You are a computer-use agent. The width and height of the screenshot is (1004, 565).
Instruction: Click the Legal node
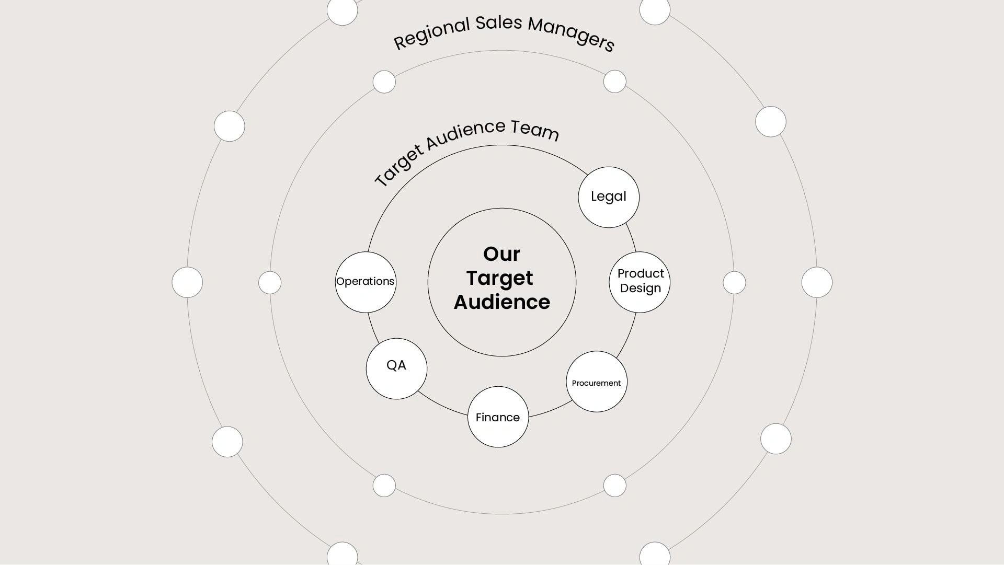point(609,197)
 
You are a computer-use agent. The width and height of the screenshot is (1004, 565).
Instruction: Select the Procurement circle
point(597,382)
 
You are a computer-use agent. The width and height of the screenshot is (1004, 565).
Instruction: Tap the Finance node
point(498,417)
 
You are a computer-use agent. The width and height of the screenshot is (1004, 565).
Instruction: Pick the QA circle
point(396,369)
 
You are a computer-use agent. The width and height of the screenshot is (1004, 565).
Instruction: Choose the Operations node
point(366,282)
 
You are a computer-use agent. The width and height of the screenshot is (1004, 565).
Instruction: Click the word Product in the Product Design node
point(641,273)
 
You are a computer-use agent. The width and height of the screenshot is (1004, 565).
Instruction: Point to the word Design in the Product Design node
point(641,288)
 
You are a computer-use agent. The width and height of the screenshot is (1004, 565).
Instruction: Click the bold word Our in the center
point(501,254)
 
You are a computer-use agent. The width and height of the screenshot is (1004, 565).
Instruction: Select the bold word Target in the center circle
point(499,279)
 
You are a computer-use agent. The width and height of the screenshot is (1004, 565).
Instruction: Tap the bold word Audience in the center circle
point(502,302)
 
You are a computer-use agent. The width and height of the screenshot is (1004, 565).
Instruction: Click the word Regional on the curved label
point(432,33)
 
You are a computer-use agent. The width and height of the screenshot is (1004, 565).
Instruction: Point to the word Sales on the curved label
point(499,23)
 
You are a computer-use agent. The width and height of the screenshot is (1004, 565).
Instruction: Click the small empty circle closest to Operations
point(270,282)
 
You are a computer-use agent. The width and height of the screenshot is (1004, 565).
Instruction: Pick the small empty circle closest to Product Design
point(734,282)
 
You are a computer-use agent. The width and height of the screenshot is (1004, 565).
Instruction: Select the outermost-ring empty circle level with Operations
point(187,282)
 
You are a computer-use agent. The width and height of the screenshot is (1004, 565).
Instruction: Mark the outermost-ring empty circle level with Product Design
point(817,282)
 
